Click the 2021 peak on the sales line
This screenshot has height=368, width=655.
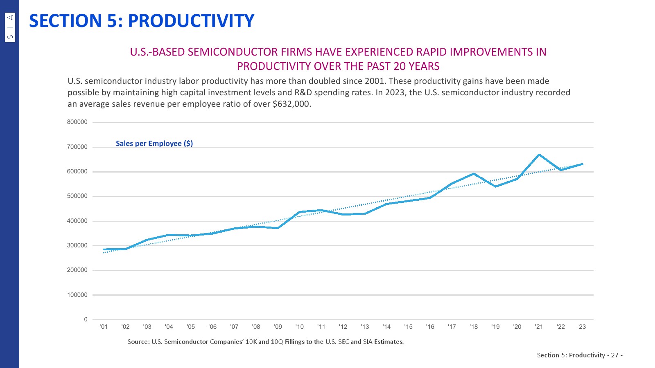point(539,155)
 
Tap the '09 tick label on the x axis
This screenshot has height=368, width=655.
point(278,327)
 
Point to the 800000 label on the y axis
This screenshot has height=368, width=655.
point(77,122)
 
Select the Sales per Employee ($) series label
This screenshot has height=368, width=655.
point(154,144)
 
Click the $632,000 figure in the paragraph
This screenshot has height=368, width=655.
point(291,104)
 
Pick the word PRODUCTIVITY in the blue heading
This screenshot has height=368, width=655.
point(191,21)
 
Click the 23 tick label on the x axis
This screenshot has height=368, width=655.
point(582,327)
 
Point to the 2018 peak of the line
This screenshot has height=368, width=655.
point(474,174)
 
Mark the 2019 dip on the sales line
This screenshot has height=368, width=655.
point(495,186)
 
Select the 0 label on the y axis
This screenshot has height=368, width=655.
point(86,319)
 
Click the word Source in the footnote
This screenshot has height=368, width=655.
point(138,342)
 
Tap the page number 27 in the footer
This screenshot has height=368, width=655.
point(614,355)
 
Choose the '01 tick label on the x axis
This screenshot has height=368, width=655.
point(104,327)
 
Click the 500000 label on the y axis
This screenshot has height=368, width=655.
point(77,196)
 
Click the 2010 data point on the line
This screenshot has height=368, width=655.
point(300,212)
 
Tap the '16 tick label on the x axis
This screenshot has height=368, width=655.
point(430,327)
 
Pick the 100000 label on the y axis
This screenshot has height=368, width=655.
point(77,295)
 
